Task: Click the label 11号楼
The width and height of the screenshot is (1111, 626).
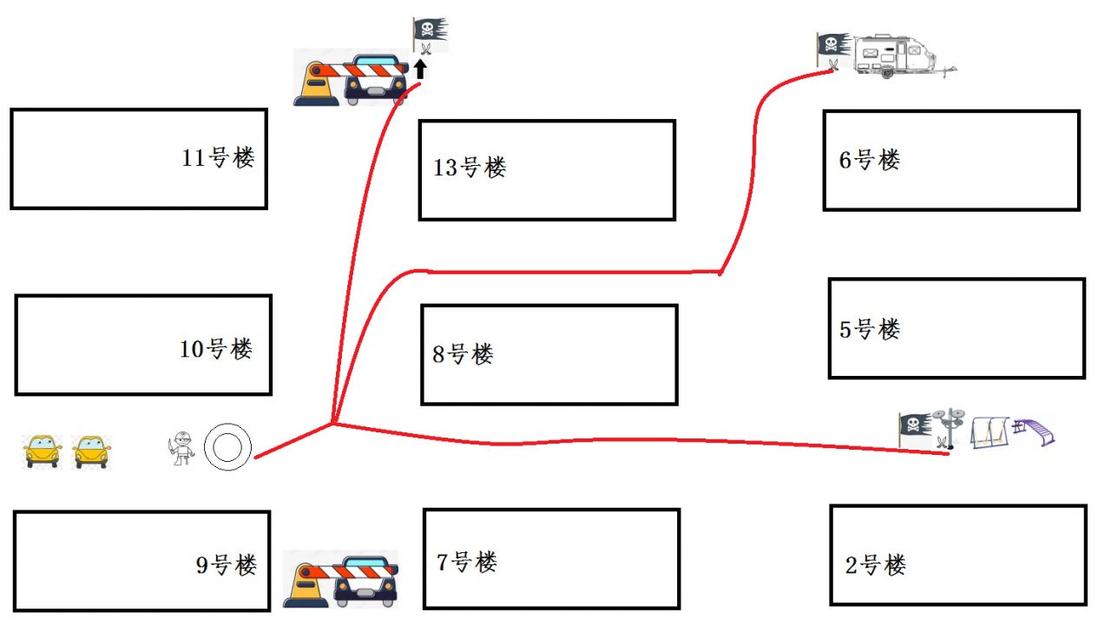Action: [218, 158]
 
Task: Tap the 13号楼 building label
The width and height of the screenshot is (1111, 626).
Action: [470, 167]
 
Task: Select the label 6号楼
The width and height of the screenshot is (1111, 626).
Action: [870, 160]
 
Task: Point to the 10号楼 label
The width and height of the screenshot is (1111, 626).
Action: [216, 349]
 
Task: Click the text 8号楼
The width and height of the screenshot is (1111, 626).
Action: [463, 353]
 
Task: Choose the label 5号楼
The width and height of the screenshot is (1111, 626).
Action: [870, 329]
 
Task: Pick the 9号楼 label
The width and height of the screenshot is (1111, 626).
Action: [227, 565]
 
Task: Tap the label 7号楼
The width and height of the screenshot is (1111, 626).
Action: [467, 562]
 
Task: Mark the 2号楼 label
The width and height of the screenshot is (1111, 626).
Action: [876, 565]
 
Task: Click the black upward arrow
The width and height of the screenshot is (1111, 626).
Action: [421, 69]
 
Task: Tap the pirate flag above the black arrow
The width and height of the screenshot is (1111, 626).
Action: [430, 33]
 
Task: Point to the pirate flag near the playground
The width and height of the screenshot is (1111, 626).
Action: [914, 425]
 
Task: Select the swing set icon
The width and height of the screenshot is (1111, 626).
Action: [990, 432]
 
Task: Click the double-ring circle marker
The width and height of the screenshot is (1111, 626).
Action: [227, 448]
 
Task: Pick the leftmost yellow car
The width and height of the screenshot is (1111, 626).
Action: [42, 451]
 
